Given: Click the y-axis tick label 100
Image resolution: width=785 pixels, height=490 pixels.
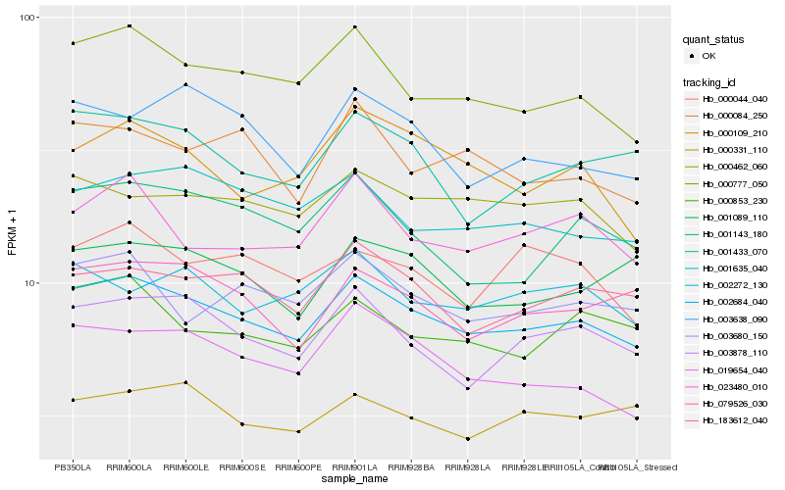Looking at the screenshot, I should (27, 18).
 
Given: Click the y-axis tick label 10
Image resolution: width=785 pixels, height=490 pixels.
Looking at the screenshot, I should (30, 282).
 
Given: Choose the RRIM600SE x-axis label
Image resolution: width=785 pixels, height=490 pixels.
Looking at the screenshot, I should (241, 466).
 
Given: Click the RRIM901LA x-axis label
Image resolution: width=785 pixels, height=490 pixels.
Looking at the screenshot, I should (354, 466).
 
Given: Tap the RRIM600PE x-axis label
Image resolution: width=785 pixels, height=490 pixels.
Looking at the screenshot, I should (298, 466).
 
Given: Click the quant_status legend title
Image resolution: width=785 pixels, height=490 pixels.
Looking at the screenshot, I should (715, 40).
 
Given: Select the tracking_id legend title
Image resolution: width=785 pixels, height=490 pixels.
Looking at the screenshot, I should (712, 81).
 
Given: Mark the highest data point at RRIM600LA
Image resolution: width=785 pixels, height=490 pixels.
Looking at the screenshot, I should (130, 25).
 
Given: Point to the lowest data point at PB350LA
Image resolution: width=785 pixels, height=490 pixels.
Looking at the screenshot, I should (73, 400).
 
